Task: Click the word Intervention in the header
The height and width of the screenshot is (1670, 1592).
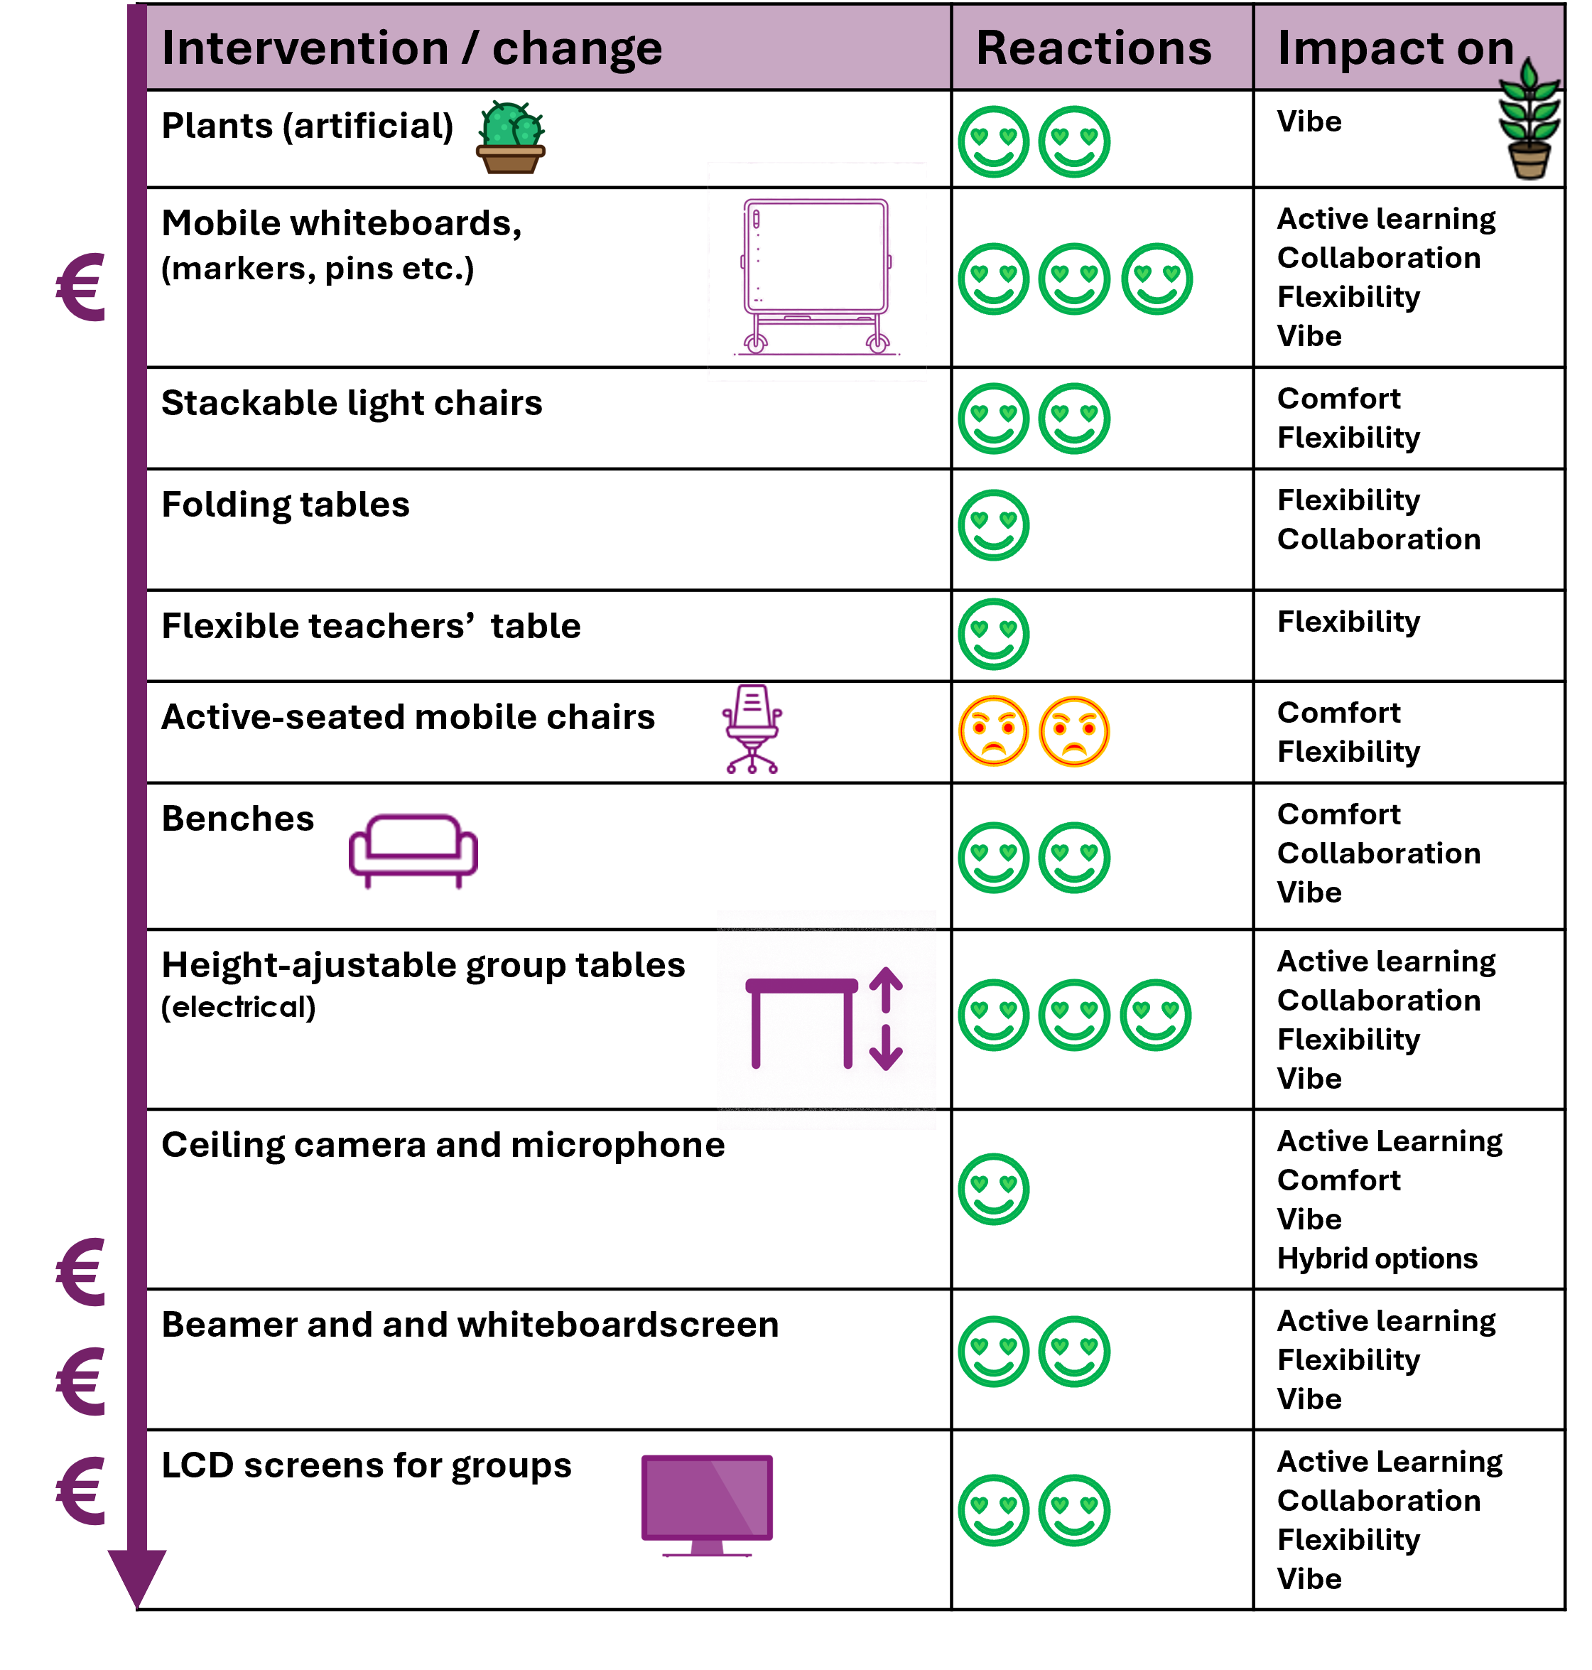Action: (x=304, y=48)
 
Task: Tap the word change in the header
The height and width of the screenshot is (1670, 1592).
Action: (x=577, y=48)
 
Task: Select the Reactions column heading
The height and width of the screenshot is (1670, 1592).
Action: (x=1093, y=48)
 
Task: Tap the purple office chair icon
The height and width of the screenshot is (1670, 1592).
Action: (x=752, y=728)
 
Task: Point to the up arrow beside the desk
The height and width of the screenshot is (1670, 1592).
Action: (x=885, y=989)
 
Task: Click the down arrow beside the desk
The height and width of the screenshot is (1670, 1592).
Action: (x=885, y=1047)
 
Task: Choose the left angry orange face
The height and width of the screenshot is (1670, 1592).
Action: (x=993, y=731)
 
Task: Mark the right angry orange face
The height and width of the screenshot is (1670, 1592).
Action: (x=1073, y=731)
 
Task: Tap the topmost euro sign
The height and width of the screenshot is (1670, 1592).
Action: (x=80, y=288)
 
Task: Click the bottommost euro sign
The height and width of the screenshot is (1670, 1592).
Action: (x=80, y=1491)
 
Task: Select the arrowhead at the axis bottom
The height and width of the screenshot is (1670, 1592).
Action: (x=136, y=1577)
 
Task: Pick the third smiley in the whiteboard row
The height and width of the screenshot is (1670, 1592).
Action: (x=1156, y=279)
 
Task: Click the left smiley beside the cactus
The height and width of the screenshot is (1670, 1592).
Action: (x=993, y=141)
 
